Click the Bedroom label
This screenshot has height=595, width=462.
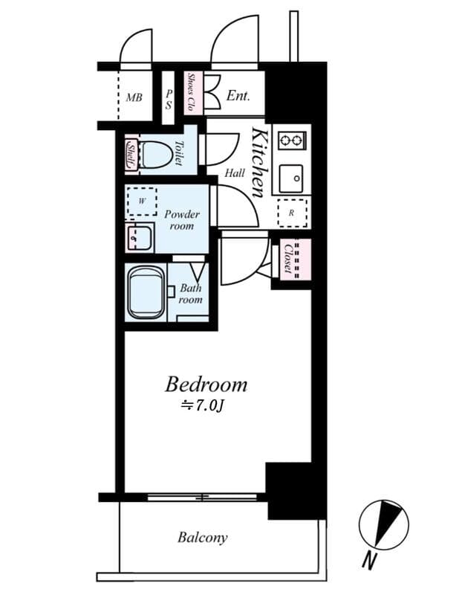point(206,384)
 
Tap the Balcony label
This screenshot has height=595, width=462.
point(202,537)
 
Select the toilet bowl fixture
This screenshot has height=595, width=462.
point(156,155)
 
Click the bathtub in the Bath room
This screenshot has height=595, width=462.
point(146,292)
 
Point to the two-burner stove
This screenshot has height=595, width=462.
point(292,141)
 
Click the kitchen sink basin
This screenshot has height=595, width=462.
point(291,178)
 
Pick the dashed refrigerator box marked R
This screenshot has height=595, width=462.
point(292,213)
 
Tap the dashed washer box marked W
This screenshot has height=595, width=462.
point(142,201)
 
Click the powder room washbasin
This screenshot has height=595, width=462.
point(139,238)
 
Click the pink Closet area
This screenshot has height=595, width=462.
point(296,259)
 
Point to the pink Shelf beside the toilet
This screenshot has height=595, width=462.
point(131,155)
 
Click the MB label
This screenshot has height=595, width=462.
point(134,97)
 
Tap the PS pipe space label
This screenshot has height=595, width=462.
point(169,99)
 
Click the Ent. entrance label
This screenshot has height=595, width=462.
point(238,95)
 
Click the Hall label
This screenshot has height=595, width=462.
point(235,173)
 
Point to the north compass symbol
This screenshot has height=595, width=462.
point(383,524)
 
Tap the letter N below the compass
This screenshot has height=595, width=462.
point(368,562)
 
